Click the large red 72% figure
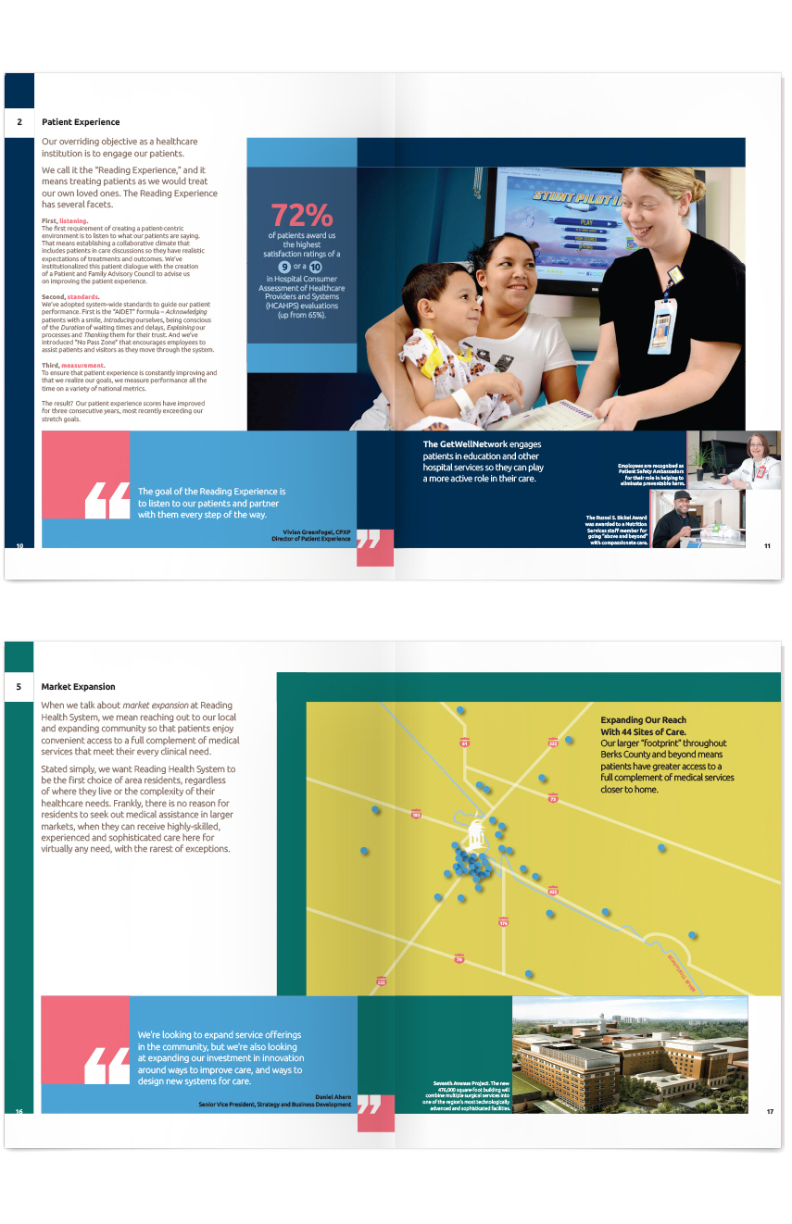[301, 215]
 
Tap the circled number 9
[284, 266]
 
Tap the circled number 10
[318, 266]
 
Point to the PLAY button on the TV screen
[585, 222]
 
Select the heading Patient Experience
[81, 122]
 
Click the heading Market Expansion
[78, 687]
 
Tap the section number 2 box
[19, 122]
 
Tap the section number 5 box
[19, 687]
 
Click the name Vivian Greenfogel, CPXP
[317, 531]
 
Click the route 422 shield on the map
[553, 891]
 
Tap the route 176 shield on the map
[503, 922]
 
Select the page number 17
[769, 1111]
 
